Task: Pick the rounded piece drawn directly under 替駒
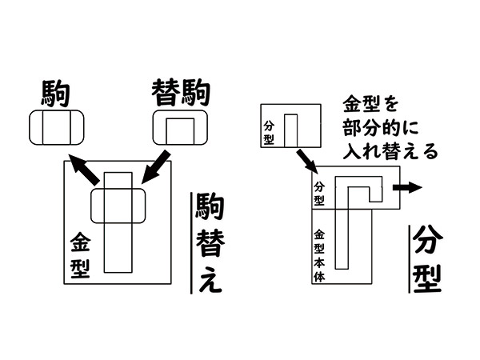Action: pos(179,128)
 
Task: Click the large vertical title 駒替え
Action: pos(209,245)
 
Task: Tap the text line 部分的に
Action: pos(383,127)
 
